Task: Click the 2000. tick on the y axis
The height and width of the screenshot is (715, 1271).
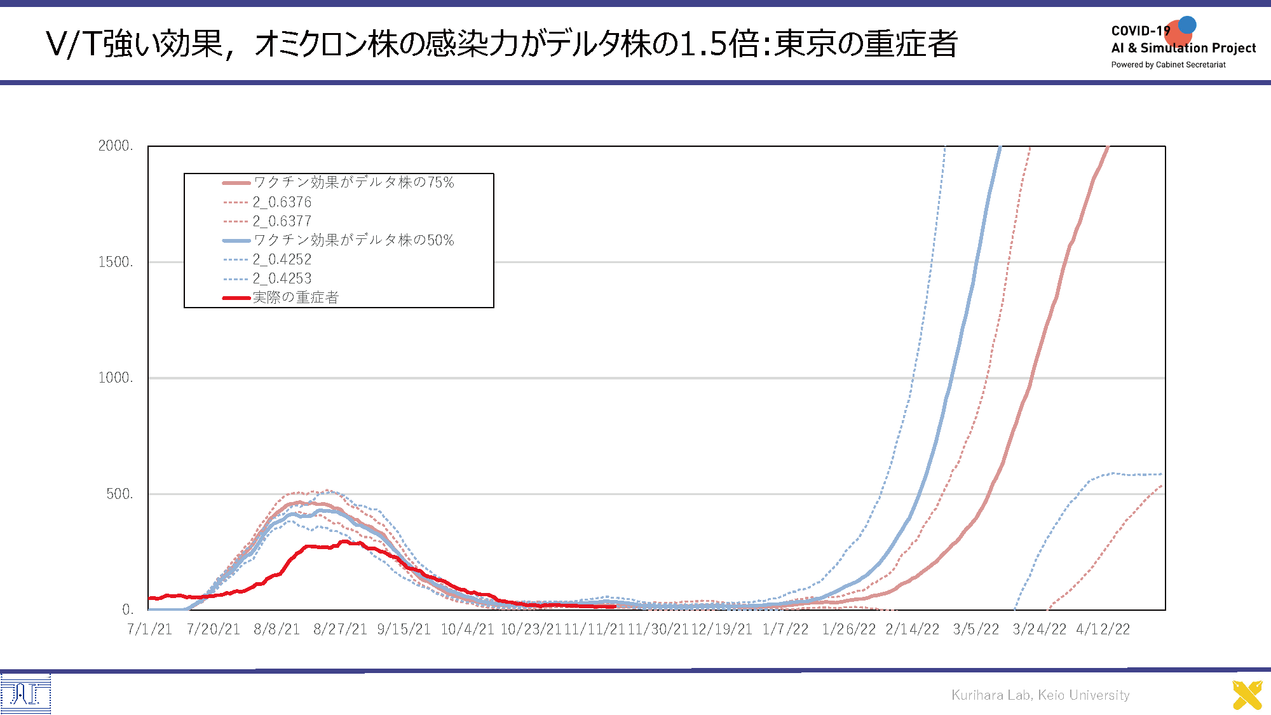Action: click(115, 146)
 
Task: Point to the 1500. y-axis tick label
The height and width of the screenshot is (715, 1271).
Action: click(115, 262)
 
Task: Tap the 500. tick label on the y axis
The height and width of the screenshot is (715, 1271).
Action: click(119, 494)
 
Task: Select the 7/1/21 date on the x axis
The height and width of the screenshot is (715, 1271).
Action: click(149, 629)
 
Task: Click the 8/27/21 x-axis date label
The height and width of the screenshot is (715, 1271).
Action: click(340, 629)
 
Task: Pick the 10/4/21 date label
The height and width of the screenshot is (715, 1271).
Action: click(467, 629)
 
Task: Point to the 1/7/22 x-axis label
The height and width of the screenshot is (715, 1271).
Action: click(785, 629)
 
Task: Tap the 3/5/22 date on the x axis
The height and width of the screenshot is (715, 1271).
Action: click(976, 629)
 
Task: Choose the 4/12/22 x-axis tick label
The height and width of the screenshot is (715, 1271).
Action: click(1103, 629)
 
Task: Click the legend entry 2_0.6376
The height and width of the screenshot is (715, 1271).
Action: click(282, 202)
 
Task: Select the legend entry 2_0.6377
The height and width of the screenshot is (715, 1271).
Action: click(282, 221)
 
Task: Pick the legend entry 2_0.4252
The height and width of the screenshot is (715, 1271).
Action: click(282, 259)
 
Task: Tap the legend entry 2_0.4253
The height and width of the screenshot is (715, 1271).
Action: click(282, 278)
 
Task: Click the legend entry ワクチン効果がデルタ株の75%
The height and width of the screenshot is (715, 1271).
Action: click(353, 182)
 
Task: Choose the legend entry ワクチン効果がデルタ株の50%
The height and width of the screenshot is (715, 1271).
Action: click(353, 240)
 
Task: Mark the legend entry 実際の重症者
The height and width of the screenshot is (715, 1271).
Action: click(296, 297)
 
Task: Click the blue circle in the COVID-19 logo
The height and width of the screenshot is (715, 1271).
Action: click(1187, 25)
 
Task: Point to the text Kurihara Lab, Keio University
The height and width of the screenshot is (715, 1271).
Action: click(1040, 695)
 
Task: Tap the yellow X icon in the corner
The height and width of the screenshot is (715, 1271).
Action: click(1247, 695)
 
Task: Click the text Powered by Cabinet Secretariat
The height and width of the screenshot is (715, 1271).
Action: click(1168, 65)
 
